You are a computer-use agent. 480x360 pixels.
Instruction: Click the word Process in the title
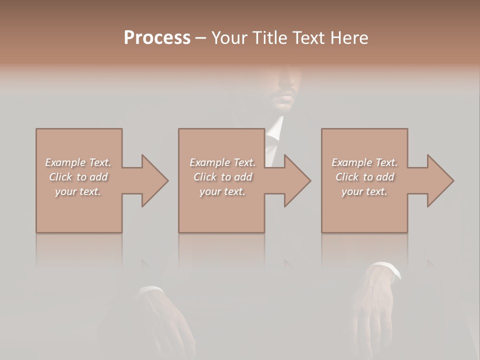tap(157, 38)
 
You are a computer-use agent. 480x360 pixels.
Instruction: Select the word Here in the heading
tap(349, 38)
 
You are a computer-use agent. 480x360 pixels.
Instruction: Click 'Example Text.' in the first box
tap(78, 162)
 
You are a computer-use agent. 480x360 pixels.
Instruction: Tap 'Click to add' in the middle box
tap(222, 177)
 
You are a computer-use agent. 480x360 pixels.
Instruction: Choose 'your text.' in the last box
tap(364, 191)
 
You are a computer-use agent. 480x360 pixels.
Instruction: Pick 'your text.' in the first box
tap(78, 191)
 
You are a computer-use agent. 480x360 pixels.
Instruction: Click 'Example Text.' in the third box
tap(364, 162)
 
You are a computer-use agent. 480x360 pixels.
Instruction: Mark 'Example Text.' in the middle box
tap(222, 162)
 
